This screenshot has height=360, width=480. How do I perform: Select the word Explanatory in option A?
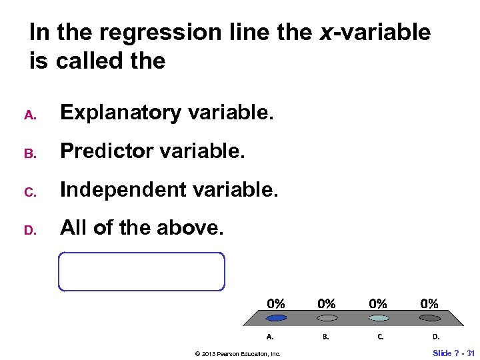[121, 113]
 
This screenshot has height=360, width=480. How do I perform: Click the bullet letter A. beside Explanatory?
[29, 115]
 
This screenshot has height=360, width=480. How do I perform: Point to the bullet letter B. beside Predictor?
[29, 153]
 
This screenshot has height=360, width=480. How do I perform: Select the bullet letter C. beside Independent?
[29, 191]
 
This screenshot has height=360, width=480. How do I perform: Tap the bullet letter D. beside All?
[29, 230]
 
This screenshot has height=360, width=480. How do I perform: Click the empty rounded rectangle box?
[141, 271]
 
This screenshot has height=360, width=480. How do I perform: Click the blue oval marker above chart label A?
[276, 318]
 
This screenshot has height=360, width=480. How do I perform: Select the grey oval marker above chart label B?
[326, 318]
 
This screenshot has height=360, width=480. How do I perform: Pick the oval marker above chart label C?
[378, 318]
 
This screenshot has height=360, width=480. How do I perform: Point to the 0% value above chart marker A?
[276, 303]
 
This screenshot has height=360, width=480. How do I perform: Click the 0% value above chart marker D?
[429, 303]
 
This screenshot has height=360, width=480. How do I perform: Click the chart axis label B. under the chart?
[325, 337]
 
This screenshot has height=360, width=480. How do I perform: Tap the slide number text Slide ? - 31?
[453, 353]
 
